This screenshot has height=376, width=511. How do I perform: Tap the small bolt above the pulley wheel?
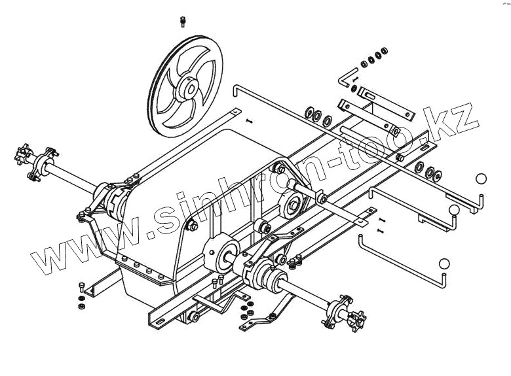pos(183,22)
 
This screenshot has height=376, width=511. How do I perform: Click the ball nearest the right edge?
pos(482,179)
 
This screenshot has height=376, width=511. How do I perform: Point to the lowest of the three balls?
pos(445,264)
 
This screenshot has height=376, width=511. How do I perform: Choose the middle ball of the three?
pos(455,210)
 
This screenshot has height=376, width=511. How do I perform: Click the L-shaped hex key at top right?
pos(346,77)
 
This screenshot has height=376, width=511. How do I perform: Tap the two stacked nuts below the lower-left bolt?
pos(80,303)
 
